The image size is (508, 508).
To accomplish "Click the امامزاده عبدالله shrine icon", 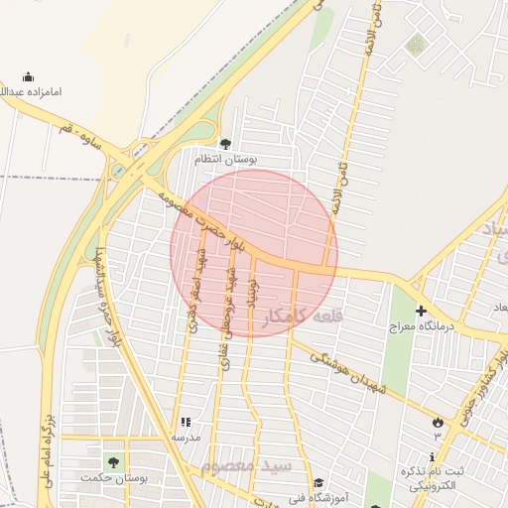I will pyautogui.click(x=28, y=77).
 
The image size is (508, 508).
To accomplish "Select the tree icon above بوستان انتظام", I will pyautogui.click(x=224, y=143).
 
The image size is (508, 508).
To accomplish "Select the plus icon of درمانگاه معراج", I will pyautogui.click(x=421, y=312).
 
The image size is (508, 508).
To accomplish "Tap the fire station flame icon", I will pyautogui.click(x=437, y=422).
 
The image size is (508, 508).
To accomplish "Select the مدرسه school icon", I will pyautogui.click(x=185, y=422).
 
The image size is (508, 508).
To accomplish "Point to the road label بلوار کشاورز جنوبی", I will pyautogui.click(x=481, y=382).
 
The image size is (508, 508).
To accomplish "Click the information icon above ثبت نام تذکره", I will pyautogui.click(x=407, y=468).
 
